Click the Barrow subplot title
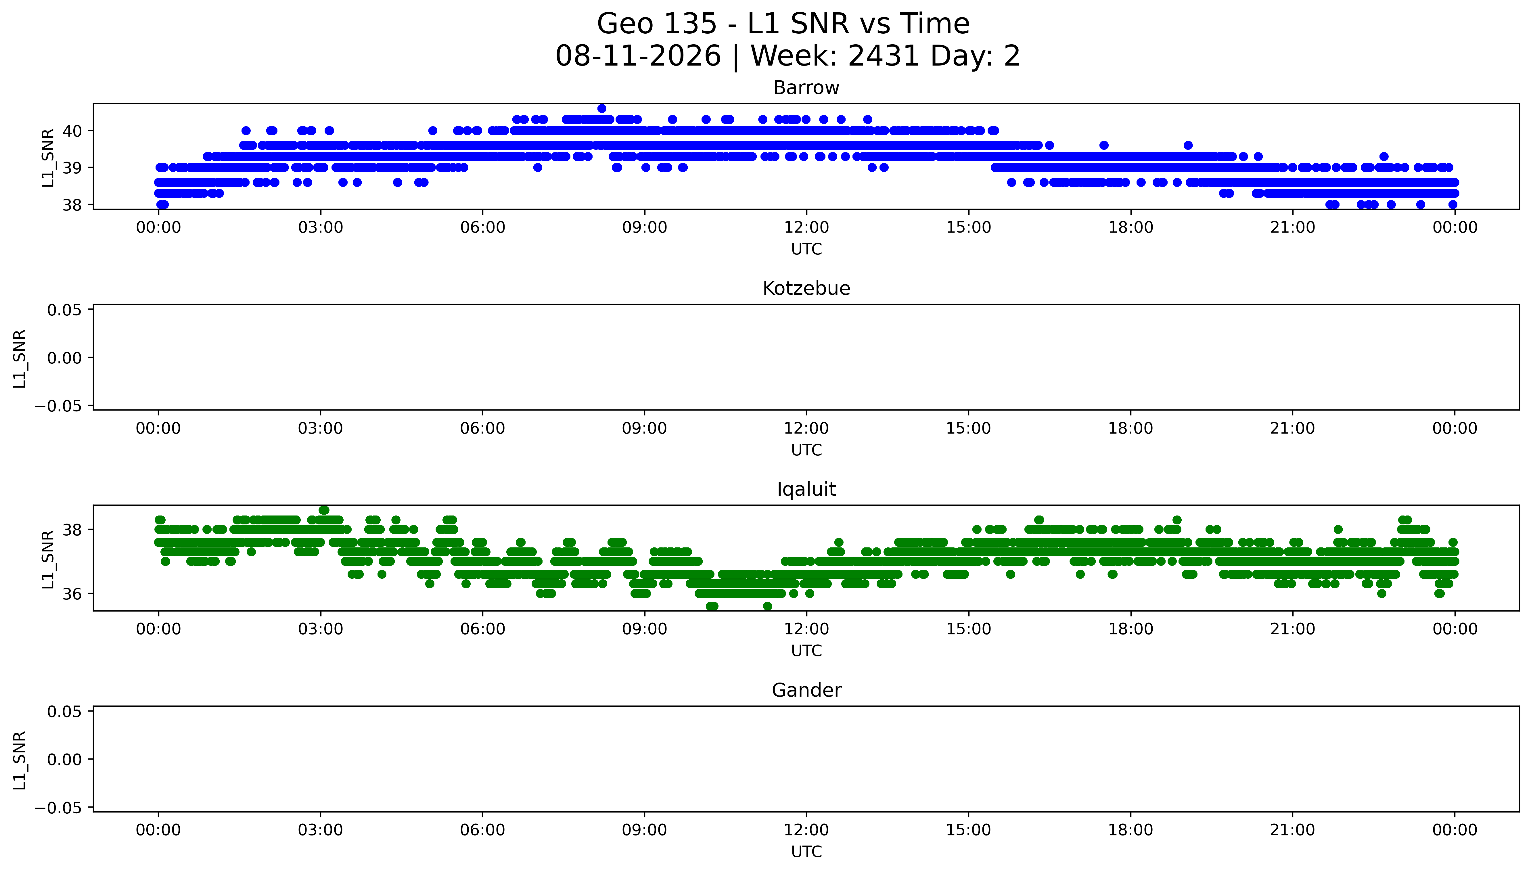pyautogui.click(x=806, y=88)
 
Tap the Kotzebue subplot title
pyautogui.click(x=806, y=289)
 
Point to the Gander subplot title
pyautogui.click(x=806, y=691)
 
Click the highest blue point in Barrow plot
pyautogui.click(x=602, y=108)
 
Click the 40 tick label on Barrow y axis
pyautogui.click(x=72, y=131)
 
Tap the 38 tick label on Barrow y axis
pyautogui.click(x=72, y=205)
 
